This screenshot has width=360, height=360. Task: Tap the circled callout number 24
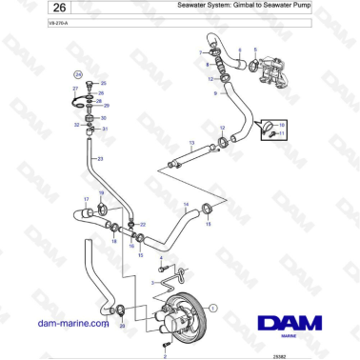click(x=79, y=73)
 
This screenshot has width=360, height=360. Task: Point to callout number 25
click(x=104, y=84)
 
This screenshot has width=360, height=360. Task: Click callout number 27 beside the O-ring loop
click(x=75, y=88)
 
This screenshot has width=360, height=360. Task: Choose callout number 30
click(x=103, y=118)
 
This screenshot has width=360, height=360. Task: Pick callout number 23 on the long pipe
click(x=100, y=157)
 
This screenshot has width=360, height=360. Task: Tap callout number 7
click(x=201, y=53)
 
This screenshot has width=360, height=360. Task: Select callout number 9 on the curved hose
click(x=215, y=93)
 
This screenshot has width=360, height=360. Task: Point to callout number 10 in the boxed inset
click(x=282, y=123)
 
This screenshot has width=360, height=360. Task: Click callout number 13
click(x=190, y=143)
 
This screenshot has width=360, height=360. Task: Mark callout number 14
click(x=185, y=205)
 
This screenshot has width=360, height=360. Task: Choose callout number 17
click(x=86, y=199)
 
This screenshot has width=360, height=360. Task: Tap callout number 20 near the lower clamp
click(x=121, y=325)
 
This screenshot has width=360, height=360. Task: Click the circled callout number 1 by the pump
click(x=213, y=308)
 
